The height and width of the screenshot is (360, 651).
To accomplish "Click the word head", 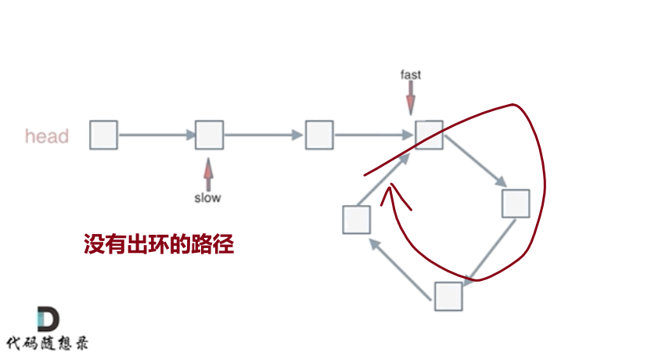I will click(x=47, y=136).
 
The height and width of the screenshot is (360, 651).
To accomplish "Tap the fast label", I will click(x=411, y=75).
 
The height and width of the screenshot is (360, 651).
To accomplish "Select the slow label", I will click(x=207, y=198).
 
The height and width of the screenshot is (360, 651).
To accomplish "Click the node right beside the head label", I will click(x=103, y=135).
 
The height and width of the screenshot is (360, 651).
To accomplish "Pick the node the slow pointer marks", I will click(x=209, y=135).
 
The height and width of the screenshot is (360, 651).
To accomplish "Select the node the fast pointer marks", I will click(x=429, y=135).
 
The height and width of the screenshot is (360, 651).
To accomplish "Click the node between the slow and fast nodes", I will click(x=318, y=135).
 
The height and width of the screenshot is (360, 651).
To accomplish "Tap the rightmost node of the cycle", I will click(x=516, y=203).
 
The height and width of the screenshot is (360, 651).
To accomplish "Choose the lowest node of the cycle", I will click(x=448, y=297).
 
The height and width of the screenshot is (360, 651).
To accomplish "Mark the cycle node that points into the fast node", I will click(x=356, y=219).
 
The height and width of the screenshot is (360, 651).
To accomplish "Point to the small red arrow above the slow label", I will click(x=207, y=172).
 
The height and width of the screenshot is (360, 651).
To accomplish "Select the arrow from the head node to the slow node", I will click(x=156, y=135).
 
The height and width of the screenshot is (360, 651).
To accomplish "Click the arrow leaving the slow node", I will click(x=263, y=135).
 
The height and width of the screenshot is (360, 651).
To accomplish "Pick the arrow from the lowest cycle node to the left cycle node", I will click(x=402, y=266).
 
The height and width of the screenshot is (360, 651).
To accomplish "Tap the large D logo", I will click(x=49, y=319).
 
